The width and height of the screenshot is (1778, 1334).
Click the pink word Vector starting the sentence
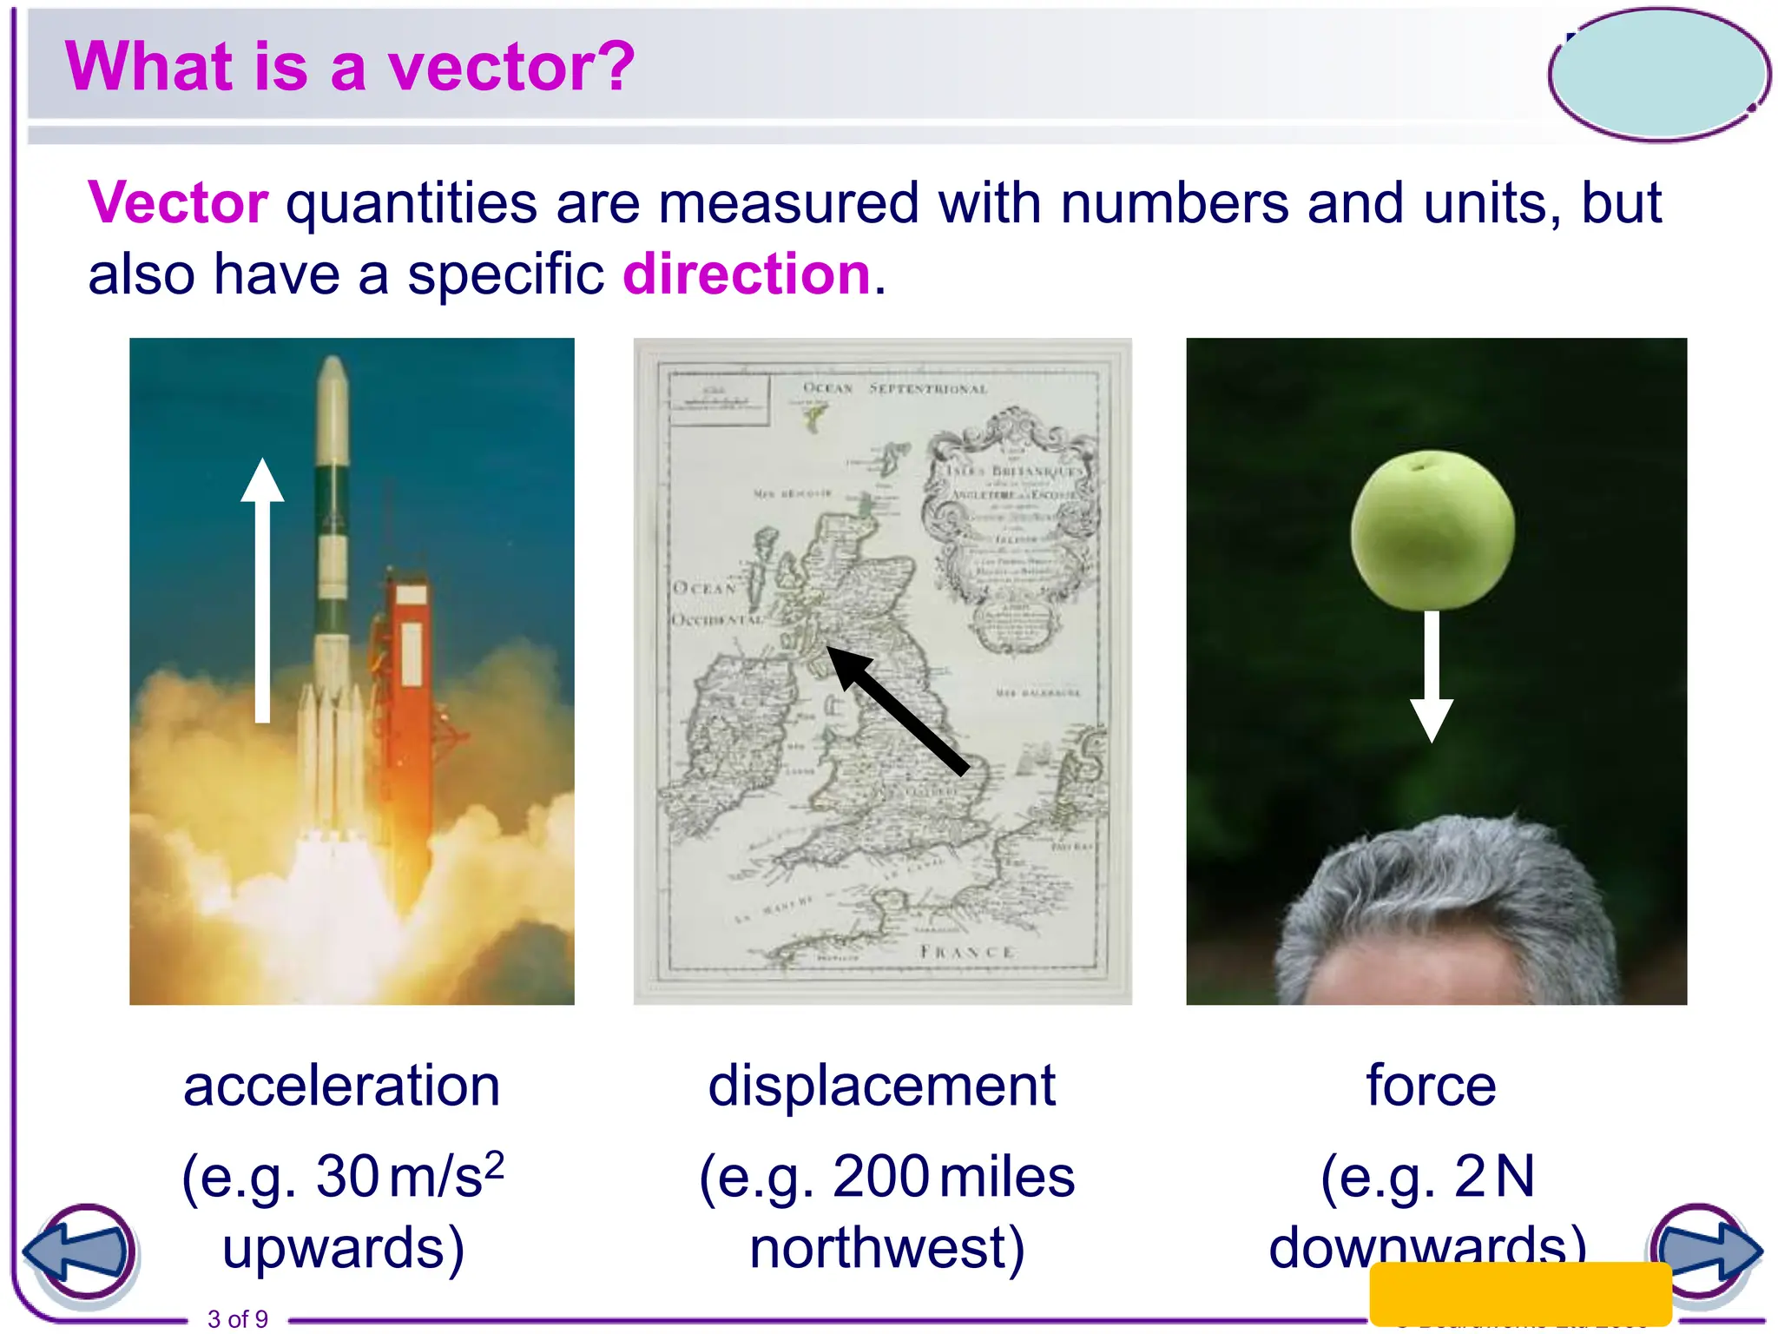tap(178, 203)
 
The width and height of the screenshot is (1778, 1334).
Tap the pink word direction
tap(747, 274)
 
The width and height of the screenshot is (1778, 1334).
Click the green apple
tap(1432, 530)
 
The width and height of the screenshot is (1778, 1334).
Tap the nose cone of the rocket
tap(333, 382)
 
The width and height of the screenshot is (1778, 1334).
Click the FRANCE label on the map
tap(966, 952)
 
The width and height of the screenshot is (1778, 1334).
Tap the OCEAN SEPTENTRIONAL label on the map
tap(895, 388)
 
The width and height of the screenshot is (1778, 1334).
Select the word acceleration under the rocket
tap(342, 1086)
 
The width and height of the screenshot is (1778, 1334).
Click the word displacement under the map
tap(881, 1086)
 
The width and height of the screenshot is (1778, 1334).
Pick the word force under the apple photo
tap(1431, 1086)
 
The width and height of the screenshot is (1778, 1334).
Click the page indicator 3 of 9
tap(238, 1318)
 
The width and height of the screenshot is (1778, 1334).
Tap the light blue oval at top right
tap(1659, 75)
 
